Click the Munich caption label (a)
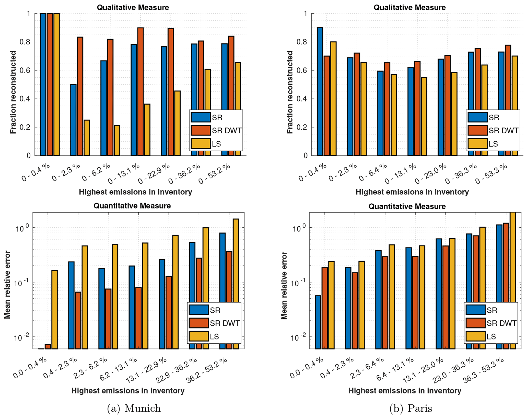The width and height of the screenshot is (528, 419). pyautogui.click(x=134, y=408)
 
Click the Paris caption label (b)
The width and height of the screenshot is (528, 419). pyautogui.click(x=410, y=408)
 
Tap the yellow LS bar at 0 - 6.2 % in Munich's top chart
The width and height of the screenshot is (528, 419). pyautogui.click(x=117, y=141)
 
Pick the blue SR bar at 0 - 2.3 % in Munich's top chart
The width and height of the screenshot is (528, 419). pyautogui.click(x=73, y=120)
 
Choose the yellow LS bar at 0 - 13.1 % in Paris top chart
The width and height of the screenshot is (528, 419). pyautogui.click(x=424, y=117)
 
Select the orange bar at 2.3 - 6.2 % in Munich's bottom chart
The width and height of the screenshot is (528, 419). pyautogui.click(x=108, y=319)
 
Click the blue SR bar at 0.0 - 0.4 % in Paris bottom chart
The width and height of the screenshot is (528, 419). pyautogui.click(x=318, y=322)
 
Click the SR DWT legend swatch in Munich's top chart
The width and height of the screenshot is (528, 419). pyautogui.click(x=201, y=130)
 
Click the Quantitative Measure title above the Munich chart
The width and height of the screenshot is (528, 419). pyautogui.click(x=132, y=206)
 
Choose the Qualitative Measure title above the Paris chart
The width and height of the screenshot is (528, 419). pyautogui.click(x=409, y=7)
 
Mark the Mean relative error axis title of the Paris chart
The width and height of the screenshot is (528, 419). pyautogui.click(x=284, y=285)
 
